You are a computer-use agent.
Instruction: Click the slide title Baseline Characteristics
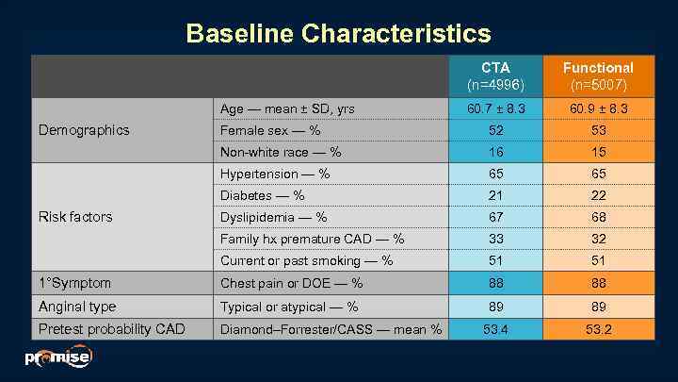338,34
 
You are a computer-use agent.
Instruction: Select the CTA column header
495,75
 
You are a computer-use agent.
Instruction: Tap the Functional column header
598,75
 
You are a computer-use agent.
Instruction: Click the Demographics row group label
84,130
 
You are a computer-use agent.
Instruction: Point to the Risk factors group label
75,217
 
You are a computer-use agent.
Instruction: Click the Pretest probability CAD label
111,329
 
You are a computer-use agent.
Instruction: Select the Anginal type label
77,307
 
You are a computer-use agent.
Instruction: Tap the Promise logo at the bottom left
58,357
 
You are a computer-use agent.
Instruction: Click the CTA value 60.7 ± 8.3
495,109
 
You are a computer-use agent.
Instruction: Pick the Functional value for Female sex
598,130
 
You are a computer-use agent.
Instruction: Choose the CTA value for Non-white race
495,152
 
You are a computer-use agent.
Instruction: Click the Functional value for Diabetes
598,195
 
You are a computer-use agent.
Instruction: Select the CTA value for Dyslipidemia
495,217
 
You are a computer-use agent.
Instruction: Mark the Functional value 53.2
598,329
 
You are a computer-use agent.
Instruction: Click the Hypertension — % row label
275,174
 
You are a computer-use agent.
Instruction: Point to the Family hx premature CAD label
312,239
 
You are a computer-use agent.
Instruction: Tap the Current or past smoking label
306,260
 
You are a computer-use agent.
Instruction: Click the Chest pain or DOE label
291,283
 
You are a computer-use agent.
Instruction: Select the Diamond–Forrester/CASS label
331,329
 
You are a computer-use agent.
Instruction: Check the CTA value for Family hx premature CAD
495,239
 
